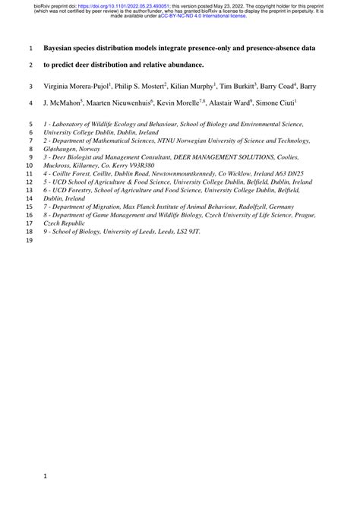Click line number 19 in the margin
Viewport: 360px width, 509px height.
point(30,242)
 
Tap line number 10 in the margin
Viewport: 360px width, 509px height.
point(30,163)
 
